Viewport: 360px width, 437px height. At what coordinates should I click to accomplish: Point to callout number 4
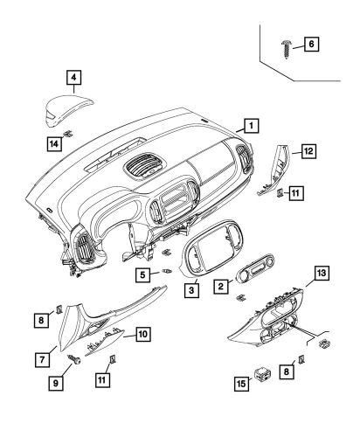point(74,79)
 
